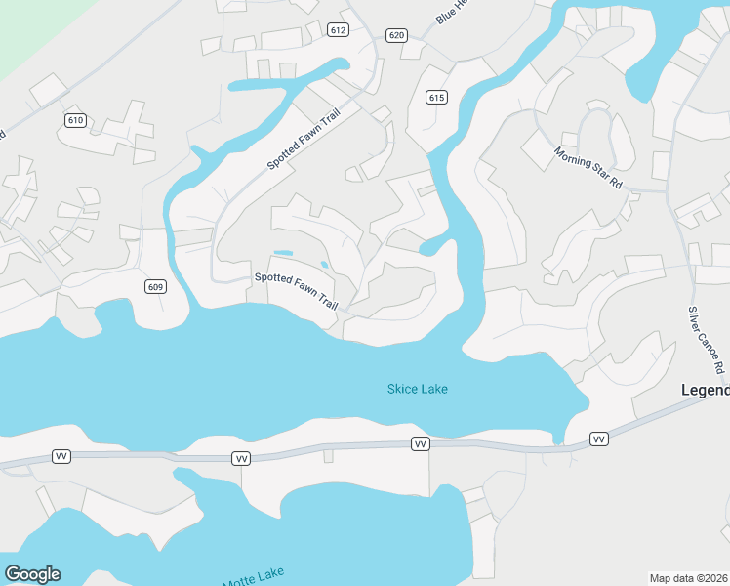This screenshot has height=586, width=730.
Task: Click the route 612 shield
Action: pos(339,30)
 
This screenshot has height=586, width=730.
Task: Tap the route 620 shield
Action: pos(396,35)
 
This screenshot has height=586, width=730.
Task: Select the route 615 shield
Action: pos(436,96)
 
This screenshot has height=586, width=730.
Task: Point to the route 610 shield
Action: pos(75,120)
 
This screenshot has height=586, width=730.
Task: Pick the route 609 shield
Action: pos(155,286)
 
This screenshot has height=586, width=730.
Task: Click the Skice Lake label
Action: pos(418,390)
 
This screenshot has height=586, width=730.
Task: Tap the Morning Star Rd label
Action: pos(588,167)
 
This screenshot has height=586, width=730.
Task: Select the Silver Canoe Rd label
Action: pos(709,339)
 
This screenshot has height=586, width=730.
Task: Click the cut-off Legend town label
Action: pos(705,390)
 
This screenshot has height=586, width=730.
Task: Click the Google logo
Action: pos(32,574)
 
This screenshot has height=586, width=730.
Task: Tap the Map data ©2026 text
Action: pos(688,578)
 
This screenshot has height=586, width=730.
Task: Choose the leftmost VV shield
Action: pos(61,456)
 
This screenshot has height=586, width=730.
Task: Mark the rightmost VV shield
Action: pos(599,440)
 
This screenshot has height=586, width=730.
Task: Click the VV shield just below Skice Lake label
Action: pos(421,444)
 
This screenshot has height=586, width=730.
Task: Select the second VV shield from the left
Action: pos(241,458)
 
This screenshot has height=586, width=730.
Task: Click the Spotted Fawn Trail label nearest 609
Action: pos(296,290)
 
